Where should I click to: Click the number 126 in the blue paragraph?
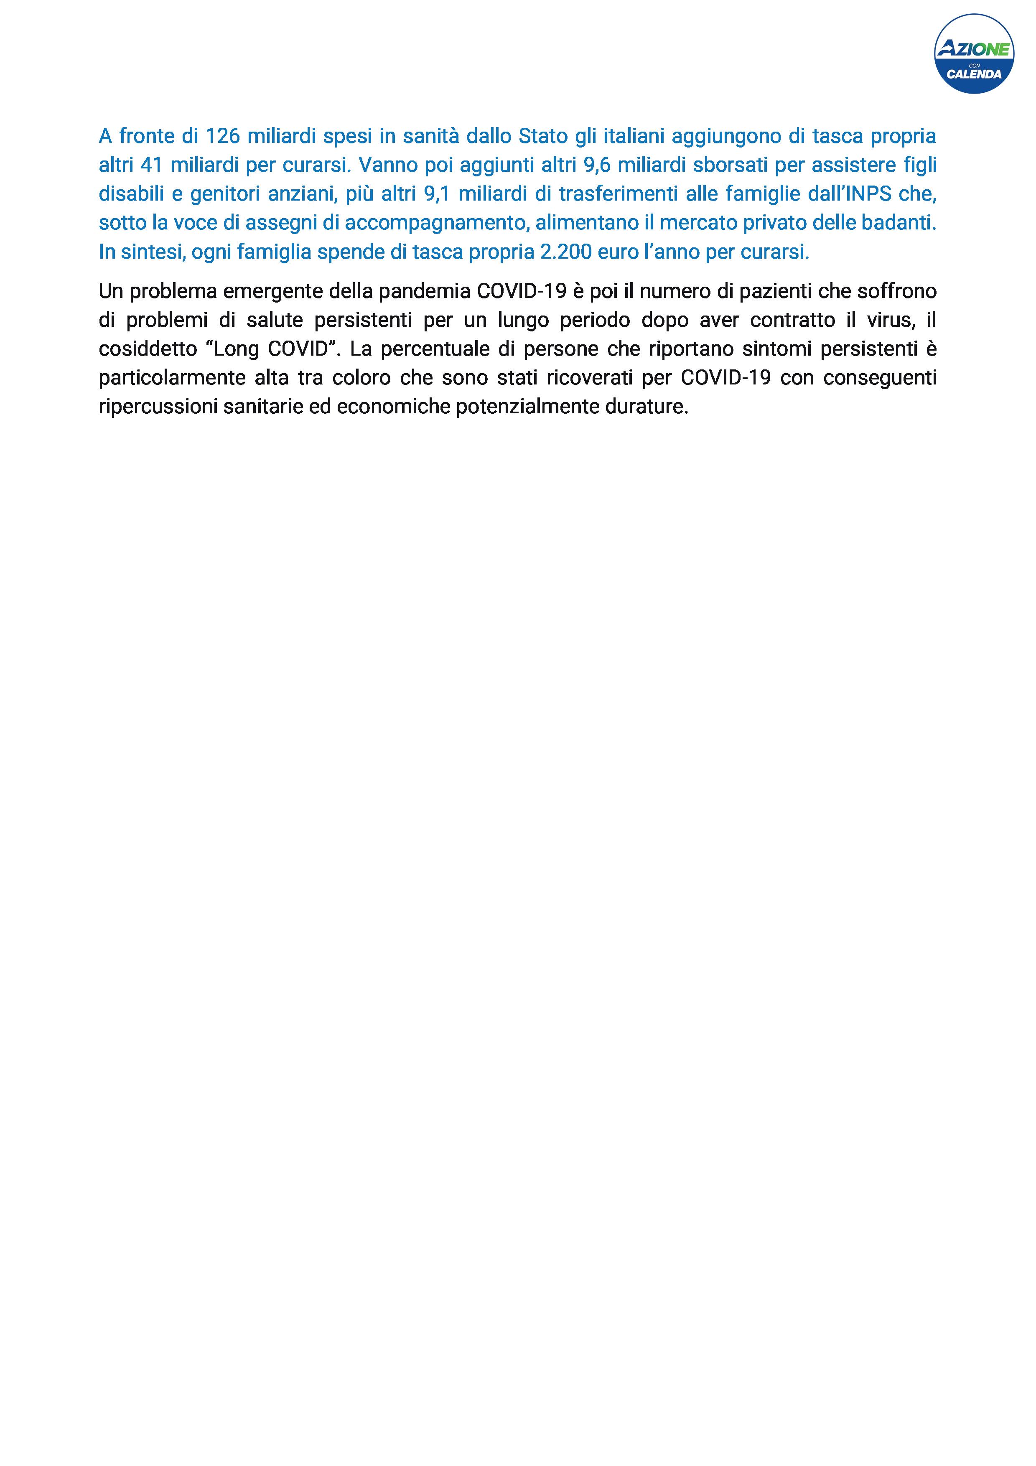[223, 136]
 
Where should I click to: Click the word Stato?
[542, 136]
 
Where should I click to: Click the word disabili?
[131, 194]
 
